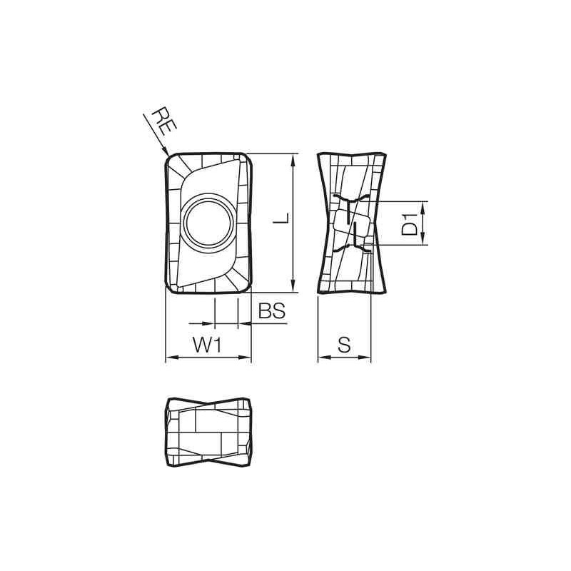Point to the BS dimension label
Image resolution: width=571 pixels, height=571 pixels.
[x=271, y=310]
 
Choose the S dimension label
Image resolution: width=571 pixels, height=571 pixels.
[x=343, y=345]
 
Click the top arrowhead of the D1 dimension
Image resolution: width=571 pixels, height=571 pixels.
[x=424, y=206]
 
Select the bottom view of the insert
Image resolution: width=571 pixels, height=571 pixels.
[x=208, y=433]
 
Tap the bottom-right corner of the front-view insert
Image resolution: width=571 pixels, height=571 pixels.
[x=248, y=287]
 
